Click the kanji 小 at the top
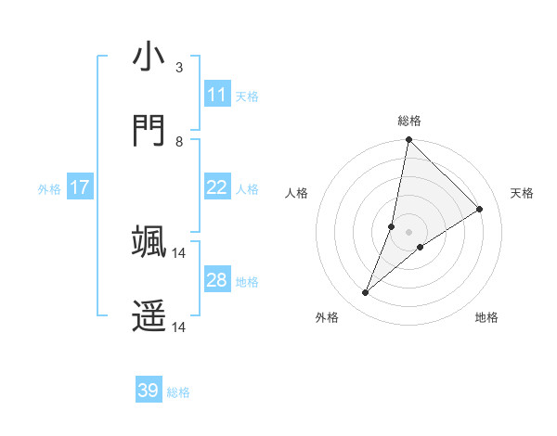pos(149,58)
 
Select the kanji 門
pos(149,131)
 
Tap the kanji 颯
pos(149,241)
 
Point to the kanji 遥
pos(149,315)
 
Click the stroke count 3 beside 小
pos(179,68)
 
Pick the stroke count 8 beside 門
pos(179,142)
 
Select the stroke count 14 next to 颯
pos(179,252)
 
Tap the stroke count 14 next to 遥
pos(179,327)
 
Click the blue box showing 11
pos(216,95)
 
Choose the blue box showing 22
pos(216,187)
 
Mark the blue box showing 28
pos(216,280)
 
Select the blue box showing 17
pos(80,187)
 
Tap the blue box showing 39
pos(149,391)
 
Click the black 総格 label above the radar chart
pos(409,121)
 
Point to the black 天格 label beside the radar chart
pos(522,193)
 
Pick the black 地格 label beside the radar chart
pos(486,317)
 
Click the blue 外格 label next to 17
pos(49,188)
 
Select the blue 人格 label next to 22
pos(247,188)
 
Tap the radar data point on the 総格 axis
pos(408,140)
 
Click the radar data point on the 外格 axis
pos(366,293)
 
